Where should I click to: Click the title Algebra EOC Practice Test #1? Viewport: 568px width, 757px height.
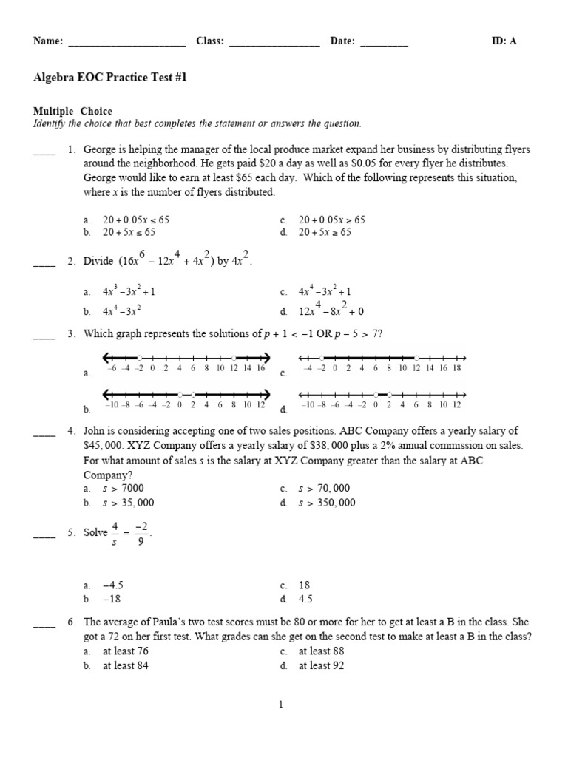[110, 77]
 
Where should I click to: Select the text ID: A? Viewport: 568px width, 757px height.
[504, 41]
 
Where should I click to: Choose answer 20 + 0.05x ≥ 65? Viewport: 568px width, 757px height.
[331, 220]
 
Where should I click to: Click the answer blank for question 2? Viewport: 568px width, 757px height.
[44, 262]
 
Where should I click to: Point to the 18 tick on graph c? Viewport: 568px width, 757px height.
[456, 367]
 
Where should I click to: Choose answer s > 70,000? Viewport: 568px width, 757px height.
[325, 488]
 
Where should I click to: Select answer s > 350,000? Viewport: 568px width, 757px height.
[327, 503]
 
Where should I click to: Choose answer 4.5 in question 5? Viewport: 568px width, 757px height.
[306, 600]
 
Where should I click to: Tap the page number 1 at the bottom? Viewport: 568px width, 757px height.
[281, 705]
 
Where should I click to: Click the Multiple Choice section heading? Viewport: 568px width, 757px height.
[72, 112]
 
